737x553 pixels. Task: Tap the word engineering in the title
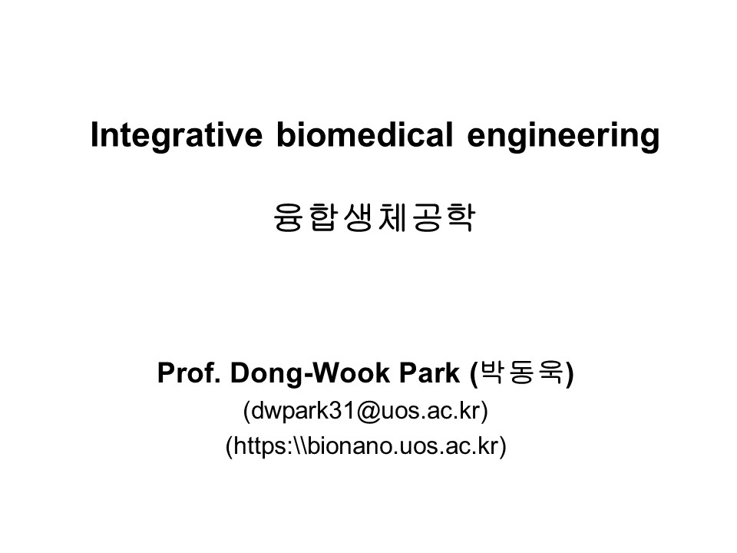point(563,137)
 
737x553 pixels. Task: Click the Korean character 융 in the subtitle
point(288,217)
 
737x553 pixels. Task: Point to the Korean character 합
point(323,217)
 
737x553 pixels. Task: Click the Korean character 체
point(392,217)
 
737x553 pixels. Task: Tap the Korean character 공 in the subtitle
point(427,217)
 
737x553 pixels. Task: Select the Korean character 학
point(461,217)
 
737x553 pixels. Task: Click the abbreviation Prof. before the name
point(189,373)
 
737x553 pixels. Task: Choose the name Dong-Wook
point(310,374)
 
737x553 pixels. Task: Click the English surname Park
point(430,373)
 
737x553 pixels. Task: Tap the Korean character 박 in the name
point(491,373)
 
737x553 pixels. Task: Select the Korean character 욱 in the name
point(550,373)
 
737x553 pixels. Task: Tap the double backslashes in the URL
point(300,445)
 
